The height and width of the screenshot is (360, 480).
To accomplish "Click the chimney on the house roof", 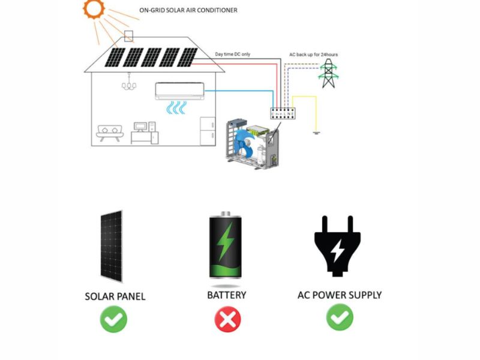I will click(x=128, y=35).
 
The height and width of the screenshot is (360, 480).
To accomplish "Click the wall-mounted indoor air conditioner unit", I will click(x=179, y=90).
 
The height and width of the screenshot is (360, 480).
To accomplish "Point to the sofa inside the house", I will click(x=109, y=133).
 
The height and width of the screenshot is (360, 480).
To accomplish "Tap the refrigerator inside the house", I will click(x=208, y=130).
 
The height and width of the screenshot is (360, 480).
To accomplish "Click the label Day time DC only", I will click(x=233, y=55).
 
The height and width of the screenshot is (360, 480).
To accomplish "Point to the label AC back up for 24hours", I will click(x=313, y=55).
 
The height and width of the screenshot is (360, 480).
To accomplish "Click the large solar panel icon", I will click(x=111, y=246).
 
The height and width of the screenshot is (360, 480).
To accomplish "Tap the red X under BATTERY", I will click(x=227, y=320).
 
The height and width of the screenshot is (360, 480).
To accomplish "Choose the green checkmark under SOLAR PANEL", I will click(x=114, y=320).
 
